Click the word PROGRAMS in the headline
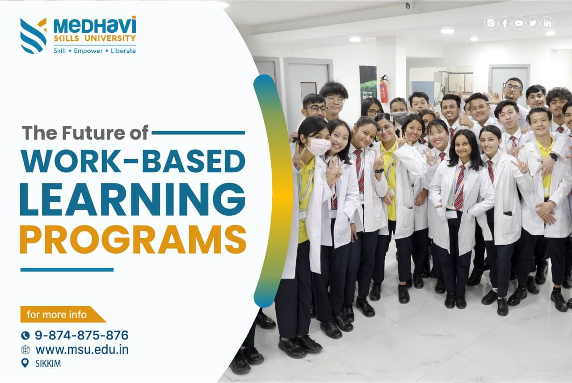tap(133, 239)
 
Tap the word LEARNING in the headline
tap(133, 199)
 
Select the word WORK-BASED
tap(133, 161)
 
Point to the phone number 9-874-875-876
tap(81, 335)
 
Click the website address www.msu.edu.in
tap(82, 349)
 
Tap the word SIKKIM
tap(48, 364)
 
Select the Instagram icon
tap(491, 23)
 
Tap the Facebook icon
tap(505, 23)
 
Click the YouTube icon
tap(519, 23)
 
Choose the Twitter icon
tap(533, 23)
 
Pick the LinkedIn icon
tap(547, 23)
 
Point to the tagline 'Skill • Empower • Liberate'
tap(94, 51)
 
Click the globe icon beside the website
tap(25, 350)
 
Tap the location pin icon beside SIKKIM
tap(25, 363)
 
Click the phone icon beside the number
tap(25, 335)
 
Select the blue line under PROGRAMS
tap(67, 270)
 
